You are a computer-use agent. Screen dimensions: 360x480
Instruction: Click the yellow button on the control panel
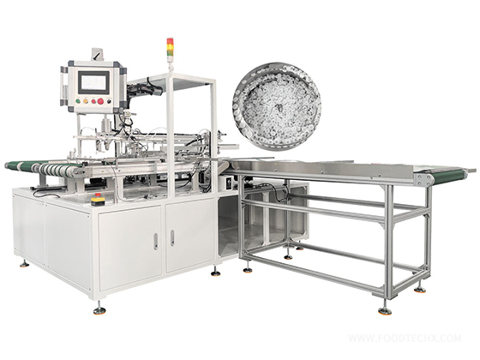(x=82, y=101)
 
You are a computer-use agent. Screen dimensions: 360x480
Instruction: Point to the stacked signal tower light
(x=170, y=49)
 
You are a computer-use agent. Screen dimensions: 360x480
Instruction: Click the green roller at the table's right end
(x=423, y=178)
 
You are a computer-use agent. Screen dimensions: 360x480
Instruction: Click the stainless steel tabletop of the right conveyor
(x=326, y=168)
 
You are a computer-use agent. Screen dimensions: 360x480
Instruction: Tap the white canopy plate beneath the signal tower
(x=184, y=78)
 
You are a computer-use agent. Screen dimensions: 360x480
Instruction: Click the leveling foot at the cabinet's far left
(x=23, y=262)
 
